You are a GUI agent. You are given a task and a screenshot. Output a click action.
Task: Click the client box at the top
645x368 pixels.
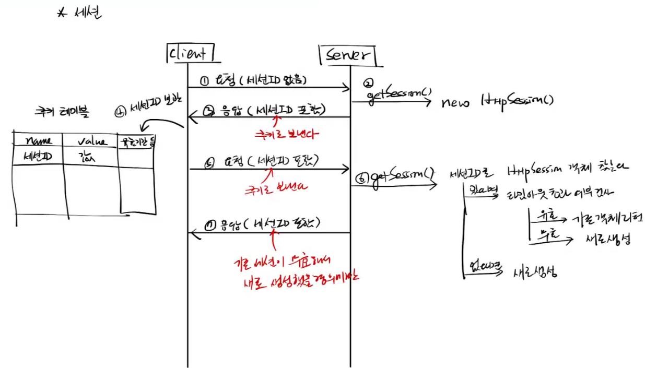(189, 53)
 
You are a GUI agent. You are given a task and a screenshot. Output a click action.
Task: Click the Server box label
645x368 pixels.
(348, 55)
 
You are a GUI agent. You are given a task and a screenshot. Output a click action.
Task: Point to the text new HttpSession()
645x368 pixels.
(497, 101)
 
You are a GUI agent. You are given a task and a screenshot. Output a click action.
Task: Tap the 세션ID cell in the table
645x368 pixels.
(37, 155)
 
